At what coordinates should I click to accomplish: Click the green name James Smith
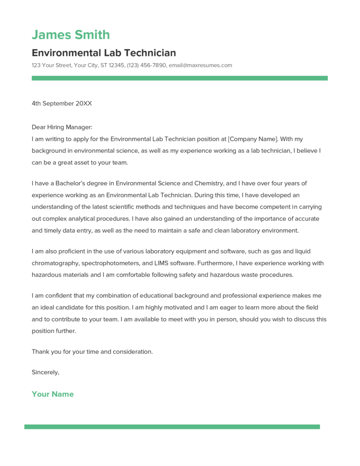coord(71,35)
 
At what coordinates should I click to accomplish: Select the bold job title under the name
coord(104,53)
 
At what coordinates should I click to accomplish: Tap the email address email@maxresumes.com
coord(200,66)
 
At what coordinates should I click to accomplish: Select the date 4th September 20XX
coord(61,103)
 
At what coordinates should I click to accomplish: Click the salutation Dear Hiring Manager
coord(61,127)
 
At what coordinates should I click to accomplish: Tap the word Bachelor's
coord(73,183)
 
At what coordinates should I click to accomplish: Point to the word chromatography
coord(57,263)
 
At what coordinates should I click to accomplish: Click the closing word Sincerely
coord(45,372)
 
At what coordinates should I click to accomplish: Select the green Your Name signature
coord(52,394)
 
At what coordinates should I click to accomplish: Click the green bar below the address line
coord(179,78)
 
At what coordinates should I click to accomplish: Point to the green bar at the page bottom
coord(172,427)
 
